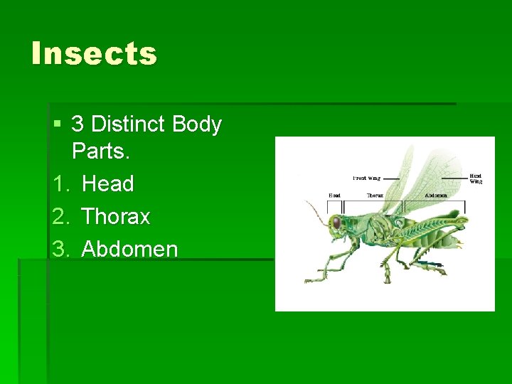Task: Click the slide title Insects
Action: [94, 54]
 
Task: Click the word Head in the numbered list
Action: [108, 184]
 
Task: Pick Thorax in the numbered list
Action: [116, 216]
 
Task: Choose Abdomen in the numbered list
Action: [130, 249]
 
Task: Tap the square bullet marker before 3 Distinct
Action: [57, 125]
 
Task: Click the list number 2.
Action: [59, 216]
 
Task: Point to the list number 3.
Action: [59, 249]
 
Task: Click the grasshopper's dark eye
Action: [336, 223]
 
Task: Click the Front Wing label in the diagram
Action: [366, 178]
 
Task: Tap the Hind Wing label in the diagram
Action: [475, 178]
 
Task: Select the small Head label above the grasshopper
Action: [334, 196]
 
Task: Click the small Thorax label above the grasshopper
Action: [375, 196]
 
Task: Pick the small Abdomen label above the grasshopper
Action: [435, 196]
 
